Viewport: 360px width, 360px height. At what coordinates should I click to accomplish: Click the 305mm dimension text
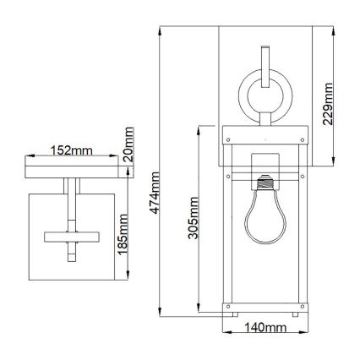tap(194, 220)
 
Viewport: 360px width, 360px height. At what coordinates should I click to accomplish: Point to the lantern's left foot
tap(229, 315)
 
